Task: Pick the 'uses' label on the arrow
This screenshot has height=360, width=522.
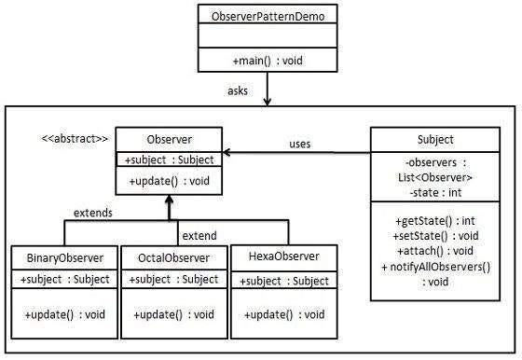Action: coord(299,144)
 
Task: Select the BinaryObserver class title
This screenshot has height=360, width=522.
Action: coord(64,257)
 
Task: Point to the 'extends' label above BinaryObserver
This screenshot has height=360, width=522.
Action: coord(92,213)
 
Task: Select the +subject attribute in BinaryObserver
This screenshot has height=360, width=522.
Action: coord(64,279)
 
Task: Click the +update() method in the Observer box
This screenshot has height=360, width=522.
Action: coord(168,181)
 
